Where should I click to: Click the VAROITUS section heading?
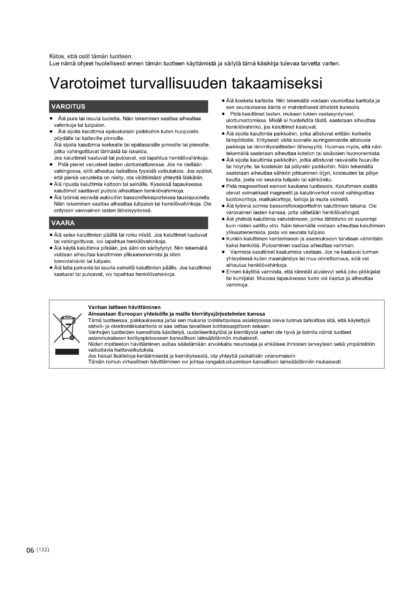[x=68, y=107]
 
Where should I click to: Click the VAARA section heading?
[x=63, y=223]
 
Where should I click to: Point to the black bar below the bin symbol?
[x=67, y=352]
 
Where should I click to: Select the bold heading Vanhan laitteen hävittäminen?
[x=124, y=307]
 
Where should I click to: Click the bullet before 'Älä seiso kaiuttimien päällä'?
[x=51, y=235]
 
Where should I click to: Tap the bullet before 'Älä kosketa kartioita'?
[x=223, y=101]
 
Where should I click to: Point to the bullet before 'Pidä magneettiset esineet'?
[x=223, y=186]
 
